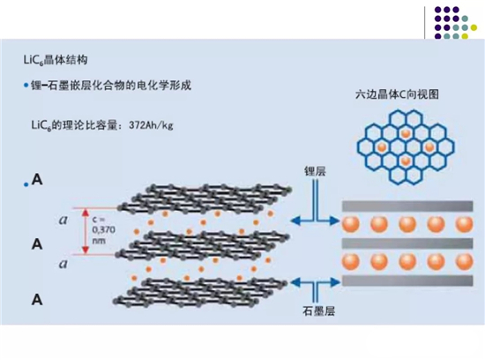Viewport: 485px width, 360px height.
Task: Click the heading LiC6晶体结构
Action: coord(56,60)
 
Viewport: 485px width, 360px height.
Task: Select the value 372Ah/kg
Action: coord(151,125)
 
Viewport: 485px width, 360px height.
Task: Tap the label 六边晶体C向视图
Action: coord(397,94)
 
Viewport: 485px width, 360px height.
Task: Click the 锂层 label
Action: coord(315,171)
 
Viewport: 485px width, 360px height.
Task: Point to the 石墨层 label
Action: coord(319,311)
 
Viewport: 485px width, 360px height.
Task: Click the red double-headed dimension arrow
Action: coord(86,231)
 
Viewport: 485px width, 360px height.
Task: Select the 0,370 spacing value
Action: coord(104,230)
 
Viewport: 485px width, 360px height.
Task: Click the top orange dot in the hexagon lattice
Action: coord(406,133)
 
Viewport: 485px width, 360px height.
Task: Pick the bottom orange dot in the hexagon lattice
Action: coord(406,161)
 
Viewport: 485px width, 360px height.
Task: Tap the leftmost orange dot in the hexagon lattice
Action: coord(382,147)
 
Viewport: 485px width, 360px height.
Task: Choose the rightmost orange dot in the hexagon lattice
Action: coord(429,147)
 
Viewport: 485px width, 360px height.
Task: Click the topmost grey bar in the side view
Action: coord(407,206)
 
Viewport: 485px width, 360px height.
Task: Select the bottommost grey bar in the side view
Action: coord(407,281)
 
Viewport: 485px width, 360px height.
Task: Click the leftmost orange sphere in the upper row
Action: coord(351,224)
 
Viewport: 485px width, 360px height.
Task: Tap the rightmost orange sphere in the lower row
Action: coord(465,261)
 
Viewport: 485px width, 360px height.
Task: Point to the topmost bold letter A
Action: coord(37,179)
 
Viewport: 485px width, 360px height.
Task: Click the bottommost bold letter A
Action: coord(37,300)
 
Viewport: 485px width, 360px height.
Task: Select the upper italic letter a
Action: coord(63,220)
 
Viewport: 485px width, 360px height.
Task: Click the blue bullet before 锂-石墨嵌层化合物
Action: coord(26,86)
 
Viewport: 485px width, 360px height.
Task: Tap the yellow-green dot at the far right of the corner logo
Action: coord(474,28)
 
